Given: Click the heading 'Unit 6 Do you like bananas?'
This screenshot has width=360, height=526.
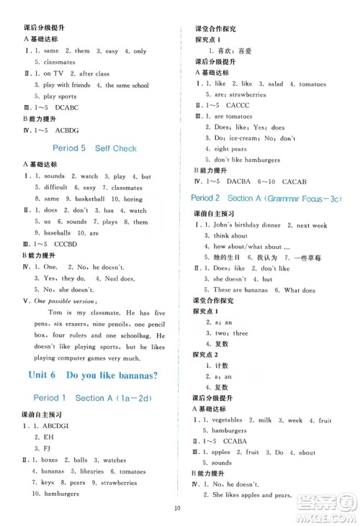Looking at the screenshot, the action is click(91, 375).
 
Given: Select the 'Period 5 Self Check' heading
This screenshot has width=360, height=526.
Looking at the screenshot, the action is click(94, 148).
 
